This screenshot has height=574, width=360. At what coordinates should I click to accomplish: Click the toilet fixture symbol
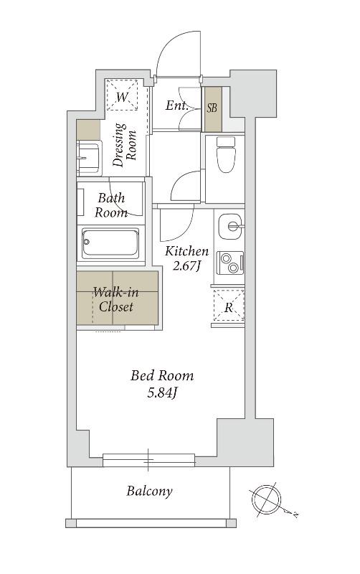tap(225, 154)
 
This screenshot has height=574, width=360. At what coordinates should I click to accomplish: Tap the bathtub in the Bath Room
tap(110, 243)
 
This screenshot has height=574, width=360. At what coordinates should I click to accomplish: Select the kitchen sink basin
tap(230, 226)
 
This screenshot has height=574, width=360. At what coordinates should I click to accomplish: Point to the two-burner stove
tap(229, 263)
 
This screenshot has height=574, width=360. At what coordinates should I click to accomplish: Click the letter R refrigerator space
tap(229, 308)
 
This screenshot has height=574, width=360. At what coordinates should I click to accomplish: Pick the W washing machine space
tap(122, 97)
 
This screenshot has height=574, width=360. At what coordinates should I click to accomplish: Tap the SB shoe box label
tap(212, 108)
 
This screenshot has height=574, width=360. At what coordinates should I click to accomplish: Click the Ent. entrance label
tap(177, 105)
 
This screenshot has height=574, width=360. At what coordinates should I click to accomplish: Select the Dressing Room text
tap(124, 145)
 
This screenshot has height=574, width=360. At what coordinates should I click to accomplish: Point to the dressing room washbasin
tap(88, 158)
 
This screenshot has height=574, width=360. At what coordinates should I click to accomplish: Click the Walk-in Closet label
tap(116, 299)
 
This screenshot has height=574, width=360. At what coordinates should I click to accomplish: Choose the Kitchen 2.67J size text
tap(186, 258)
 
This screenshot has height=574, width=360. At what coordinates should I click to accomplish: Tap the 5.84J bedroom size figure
tap(163, 393)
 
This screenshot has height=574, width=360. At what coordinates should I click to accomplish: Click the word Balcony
tap(149, 491)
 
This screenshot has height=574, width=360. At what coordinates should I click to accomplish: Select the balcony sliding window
tap(148, 460)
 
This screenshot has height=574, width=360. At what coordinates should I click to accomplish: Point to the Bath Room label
tap(111, 205)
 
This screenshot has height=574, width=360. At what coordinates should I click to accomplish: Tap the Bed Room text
tap(162, 376)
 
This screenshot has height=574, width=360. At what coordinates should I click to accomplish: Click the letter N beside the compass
tap(295, 514)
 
